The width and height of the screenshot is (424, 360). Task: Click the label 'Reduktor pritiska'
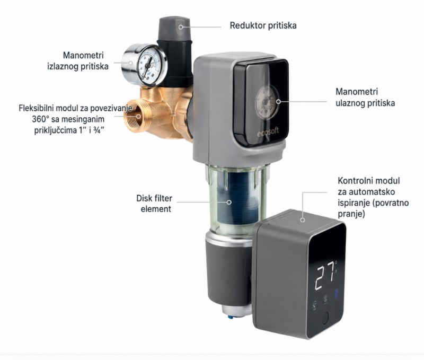[263, 25]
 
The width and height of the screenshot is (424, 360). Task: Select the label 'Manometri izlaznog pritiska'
[77, 61]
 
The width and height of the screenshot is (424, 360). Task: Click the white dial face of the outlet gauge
[148, 65]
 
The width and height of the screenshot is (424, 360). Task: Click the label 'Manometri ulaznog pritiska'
[365, 97]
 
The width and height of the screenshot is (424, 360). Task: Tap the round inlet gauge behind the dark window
[267, 102]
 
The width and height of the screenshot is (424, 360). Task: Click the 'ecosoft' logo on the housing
[268, 132]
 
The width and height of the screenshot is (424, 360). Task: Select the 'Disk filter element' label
[154, 204]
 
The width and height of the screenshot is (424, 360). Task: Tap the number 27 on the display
[325, 278]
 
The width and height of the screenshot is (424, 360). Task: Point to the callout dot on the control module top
[303, 220]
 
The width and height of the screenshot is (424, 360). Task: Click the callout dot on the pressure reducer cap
[180, 27]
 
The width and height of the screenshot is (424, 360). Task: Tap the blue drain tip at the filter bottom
[231, 316]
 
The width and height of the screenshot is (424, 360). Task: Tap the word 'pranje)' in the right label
[351, 214]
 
